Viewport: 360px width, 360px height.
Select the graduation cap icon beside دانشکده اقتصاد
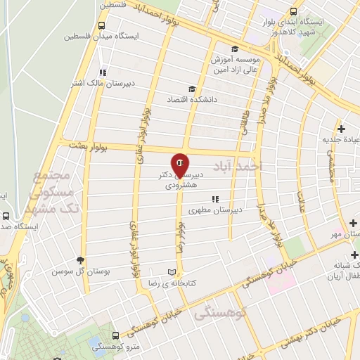pyautogui.click(x=191, y=89)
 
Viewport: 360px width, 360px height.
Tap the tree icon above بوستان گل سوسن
pyautogui.click(x=81, y=259)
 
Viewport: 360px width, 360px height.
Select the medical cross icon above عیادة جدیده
pyautogui.click(x=341, y=129)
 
